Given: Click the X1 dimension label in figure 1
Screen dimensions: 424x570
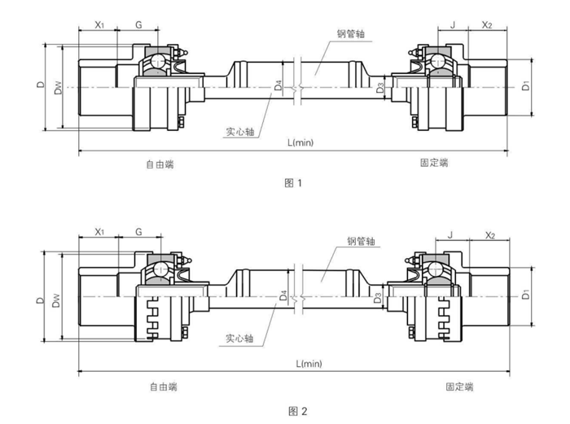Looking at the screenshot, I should [x=99, y=25].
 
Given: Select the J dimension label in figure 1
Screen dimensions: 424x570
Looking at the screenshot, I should [x=452, y=25].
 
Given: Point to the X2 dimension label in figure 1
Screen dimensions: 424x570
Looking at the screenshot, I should [x=488, y=25].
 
